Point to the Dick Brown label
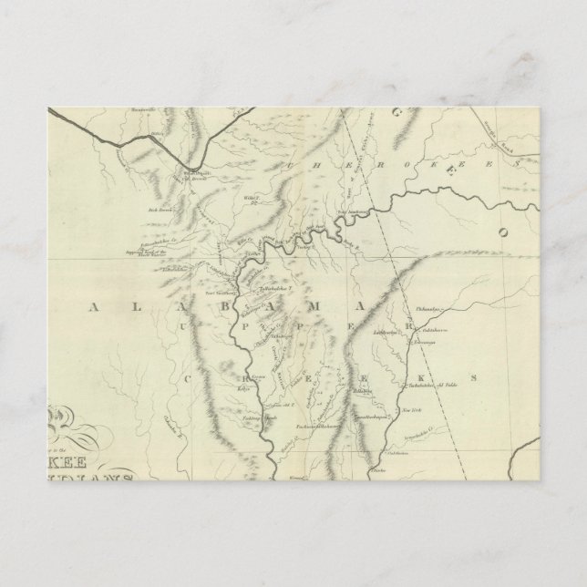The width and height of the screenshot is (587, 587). (160, 209)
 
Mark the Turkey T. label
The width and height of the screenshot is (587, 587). (303, 246)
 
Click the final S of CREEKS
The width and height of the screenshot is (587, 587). (473, 376)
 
